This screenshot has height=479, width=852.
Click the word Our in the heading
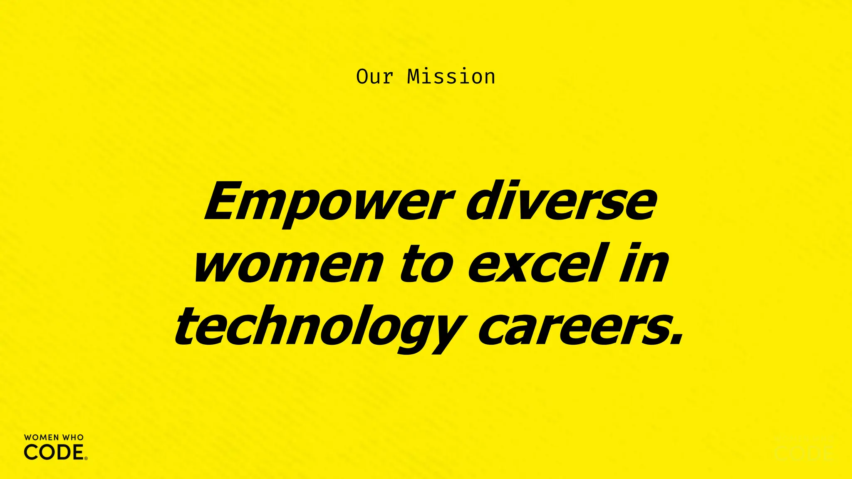pyautogui.click(x=374, y=77)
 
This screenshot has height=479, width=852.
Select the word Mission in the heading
pyautogui.click(x=451, y=77)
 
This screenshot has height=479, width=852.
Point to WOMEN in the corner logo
pyautogui.click(x=41, y=437)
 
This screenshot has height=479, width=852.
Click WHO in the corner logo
pyautogui.click(x=73, y=437)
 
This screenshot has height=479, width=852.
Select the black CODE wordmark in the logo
pyautogui.click(x=54, y=452)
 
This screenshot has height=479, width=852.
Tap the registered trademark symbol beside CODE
pyautogui.click(x=86, y=458)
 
